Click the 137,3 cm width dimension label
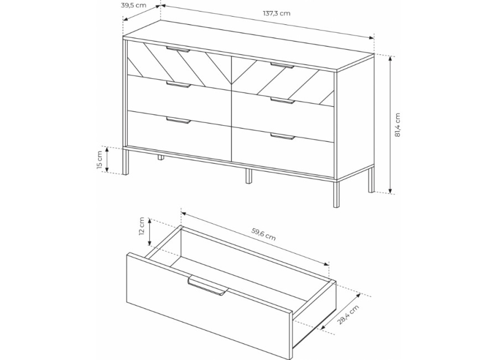pos(276,13)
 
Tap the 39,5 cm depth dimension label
pos(133,5)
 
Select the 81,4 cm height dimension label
pos(397,125)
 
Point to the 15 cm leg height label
pos(100,160)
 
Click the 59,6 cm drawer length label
pos(263,234)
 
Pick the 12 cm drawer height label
pos(141,226)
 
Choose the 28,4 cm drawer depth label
pos(348,315)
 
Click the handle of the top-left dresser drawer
pos(178,49)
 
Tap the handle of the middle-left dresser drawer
pos(179,84)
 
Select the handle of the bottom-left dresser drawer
pos(179,120)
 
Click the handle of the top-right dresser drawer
pos(282,65)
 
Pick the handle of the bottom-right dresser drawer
pos(283,137)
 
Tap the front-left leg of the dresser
pos(126,161)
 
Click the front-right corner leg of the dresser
pos(336,194)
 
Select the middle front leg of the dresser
pos(248,176)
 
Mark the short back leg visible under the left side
pos(160,157)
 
